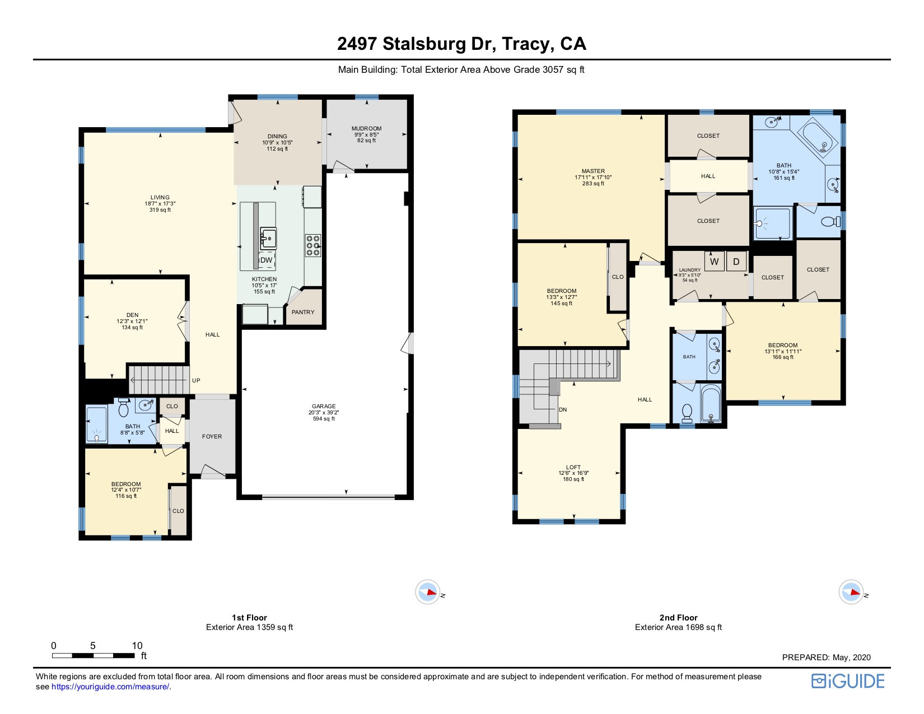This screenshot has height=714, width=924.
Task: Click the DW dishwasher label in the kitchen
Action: point(266,260)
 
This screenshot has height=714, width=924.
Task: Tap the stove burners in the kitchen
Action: point(313,246)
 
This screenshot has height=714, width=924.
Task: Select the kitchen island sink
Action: point(268,238)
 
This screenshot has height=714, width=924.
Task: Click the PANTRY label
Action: point(303,312)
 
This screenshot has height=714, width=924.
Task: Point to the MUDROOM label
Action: point(367,128)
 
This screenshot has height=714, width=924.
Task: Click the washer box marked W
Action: point(715,262)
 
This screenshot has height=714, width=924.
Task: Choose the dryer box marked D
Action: point(736,262)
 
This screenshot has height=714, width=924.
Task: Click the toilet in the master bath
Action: point(830,222)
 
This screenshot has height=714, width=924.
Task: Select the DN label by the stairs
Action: point(563,409)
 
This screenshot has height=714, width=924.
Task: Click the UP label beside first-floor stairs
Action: point(196,381)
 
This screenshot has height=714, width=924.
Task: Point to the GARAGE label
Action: point(324,406)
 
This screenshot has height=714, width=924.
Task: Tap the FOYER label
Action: point(212,436)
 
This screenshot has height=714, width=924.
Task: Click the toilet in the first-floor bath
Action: point(123,407)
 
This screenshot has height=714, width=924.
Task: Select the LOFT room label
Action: point(573,467)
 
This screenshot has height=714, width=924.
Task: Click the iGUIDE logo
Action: point(848,682)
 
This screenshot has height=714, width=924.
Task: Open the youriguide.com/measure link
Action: point(110,687)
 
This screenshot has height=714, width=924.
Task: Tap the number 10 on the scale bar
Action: point(137,646)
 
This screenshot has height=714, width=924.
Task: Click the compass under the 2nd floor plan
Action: point(851,592)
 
